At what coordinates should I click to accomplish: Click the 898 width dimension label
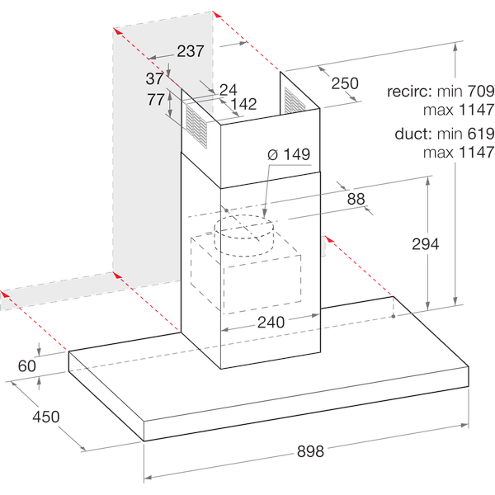310,451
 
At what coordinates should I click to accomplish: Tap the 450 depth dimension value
45,417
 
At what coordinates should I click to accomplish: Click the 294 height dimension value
426,243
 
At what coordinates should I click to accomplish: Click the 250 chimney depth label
345,82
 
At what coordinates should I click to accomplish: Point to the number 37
154,79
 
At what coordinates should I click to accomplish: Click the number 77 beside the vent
154,101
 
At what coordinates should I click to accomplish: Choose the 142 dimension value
244,104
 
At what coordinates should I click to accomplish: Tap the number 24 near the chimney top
228,88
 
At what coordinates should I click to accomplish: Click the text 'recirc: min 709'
440,92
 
